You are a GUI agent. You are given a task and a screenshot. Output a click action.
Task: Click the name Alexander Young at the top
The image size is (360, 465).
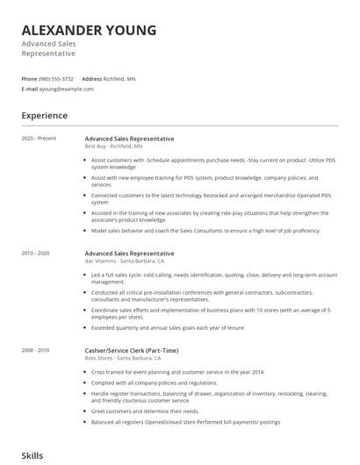[89, 31]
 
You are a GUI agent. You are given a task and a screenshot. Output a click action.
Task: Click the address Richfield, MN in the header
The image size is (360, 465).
[119, 79]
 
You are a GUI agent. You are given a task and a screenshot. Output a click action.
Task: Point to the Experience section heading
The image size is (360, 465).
[45, 115]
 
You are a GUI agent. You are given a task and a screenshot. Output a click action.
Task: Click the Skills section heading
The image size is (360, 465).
[33, 455]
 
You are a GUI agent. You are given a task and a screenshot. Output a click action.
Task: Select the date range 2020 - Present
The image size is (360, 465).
[38, 139]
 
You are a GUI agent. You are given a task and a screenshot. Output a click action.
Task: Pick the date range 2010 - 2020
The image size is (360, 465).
[36, 254]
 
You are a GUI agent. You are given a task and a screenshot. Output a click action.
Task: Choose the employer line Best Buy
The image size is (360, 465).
[113, 147]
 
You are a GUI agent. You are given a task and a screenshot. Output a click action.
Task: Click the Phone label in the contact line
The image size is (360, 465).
[30, 79]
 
